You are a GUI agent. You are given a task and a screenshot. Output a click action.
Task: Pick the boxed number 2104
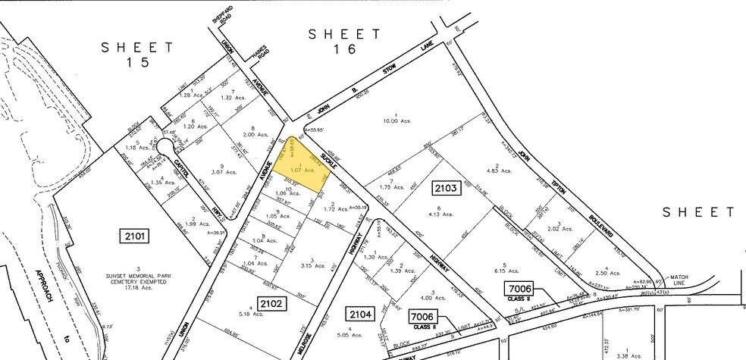pyautogui.click(x=361, y=313)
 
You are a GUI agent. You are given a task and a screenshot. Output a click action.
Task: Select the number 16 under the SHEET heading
pyautogui.click(x=346, y=52)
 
